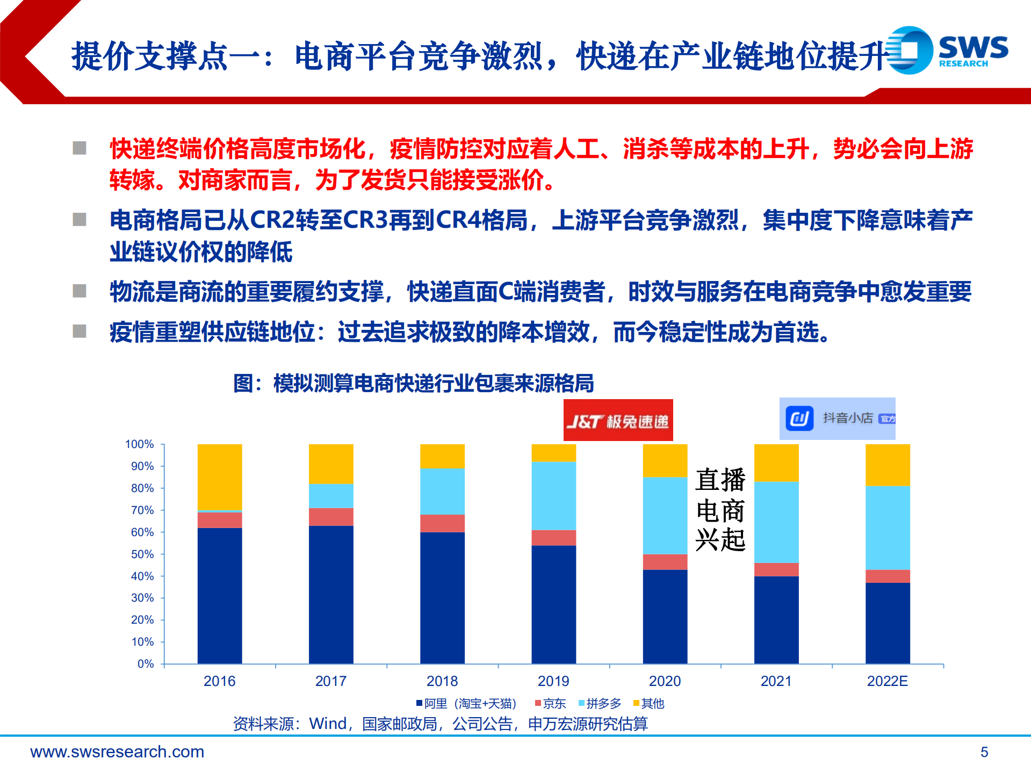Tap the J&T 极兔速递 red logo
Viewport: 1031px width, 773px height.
[618, 421]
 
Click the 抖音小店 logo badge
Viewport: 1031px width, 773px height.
[837, 418]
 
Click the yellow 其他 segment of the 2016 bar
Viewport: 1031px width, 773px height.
[219, 476]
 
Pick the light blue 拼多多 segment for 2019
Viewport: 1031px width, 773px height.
[553, 495]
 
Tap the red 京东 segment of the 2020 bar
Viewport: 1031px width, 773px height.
[665, 561]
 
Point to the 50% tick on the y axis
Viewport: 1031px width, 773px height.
[142, 554]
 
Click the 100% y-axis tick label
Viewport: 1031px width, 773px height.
[139, 444]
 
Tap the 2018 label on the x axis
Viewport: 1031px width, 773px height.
[442, 681]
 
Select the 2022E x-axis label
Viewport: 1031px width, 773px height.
[887, 681]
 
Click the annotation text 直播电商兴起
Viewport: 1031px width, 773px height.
[720, 509]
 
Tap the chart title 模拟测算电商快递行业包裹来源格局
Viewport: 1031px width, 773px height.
[414, 384]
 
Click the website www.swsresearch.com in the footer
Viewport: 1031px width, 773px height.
[117, 752]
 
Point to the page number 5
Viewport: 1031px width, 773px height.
[984, 752]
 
